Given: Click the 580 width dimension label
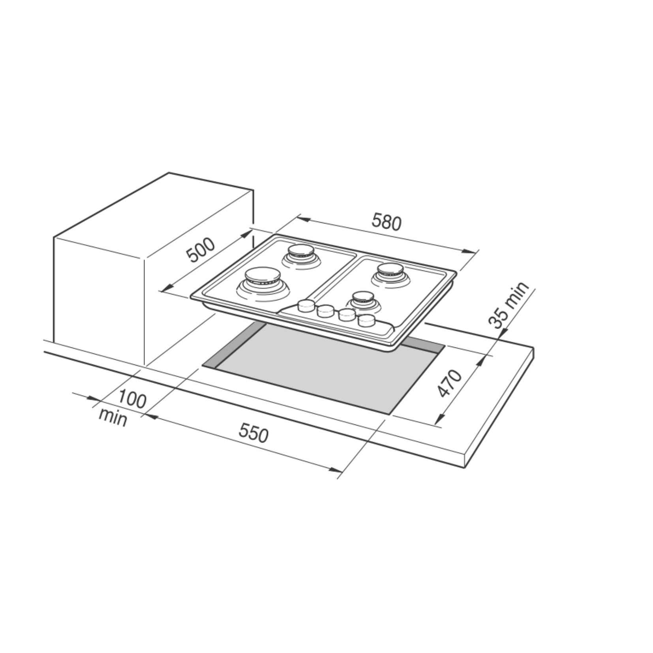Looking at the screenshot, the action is point(386,223).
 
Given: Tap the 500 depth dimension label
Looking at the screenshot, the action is point(201,251).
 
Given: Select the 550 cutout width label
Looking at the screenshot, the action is point(253,433).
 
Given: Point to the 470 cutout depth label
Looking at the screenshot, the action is point(450,383).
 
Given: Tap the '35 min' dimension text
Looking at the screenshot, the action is point(509,305).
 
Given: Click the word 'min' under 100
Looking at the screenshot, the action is point(113,418).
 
